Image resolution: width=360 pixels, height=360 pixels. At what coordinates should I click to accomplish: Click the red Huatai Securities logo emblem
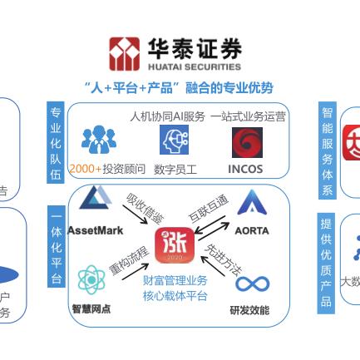tap(125, 54)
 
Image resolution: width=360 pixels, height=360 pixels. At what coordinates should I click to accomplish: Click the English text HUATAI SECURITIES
tap(195, 67)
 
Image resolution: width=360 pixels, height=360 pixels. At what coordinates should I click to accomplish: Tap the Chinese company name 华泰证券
tap(195, 49)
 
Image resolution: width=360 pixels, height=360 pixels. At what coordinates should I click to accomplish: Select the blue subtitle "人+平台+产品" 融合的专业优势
tap(179, 86)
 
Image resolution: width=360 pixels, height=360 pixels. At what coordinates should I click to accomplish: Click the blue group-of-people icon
tap(99, 140)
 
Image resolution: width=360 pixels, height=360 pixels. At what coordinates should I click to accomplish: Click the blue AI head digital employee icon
tap(175, 141)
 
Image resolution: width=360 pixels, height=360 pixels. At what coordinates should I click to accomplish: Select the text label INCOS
tap(245, 169)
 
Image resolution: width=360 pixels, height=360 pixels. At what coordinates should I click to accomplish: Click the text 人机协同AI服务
tap(166, 117)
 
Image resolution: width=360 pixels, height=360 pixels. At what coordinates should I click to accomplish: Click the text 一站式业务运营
tap(249, 117)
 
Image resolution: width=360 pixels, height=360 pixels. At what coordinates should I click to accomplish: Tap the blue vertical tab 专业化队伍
tap(56, 142)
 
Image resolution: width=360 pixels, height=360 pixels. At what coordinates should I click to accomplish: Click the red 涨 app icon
tap(178, 244)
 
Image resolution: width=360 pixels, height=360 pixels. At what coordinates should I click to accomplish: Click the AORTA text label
tap(251, 230)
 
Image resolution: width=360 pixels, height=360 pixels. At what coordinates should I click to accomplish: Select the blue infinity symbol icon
tap(252, 284)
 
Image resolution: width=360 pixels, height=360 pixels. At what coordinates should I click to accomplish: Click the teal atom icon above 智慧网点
tap(91, 281)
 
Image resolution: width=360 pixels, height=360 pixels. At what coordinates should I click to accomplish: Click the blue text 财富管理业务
tap(175, 282)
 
